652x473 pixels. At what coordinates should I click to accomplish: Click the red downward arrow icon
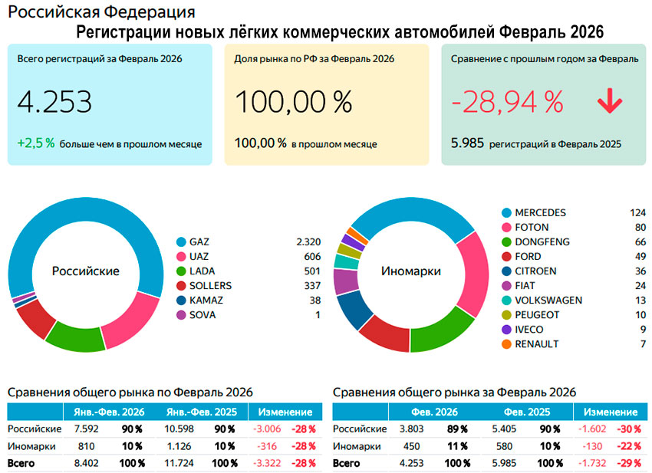click(610, 101)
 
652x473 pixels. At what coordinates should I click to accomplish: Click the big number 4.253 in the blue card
click(54, 102)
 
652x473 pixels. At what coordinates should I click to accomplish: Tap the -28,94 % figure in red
click(507, 102)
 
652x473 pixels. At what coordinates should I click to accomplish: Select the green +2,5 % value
click(35, 143)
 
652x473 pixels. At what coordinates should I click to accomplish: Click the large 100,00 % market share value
click(293, 102)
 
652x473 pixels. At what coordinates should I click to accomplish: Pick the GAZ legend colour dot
click(181, 241)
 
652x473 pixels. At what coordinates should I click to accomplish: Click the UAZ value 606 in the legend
click(311, 256)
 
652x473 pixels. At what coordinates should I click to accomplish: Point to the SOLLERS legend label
click(210, 285)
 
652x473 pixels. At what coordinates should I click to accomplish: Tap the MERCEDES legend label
click(540, 212)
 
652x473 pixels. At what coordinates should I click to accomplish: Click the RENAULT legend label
click(537, 344)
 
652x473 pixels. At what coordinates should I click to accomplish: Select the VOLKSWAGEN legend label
click(548, 300)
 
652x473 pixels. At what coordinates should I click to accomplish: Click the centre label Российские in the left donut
click(85, 271)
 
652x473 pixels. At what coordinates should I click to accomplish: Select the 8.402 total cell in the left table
click(84, 463)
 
